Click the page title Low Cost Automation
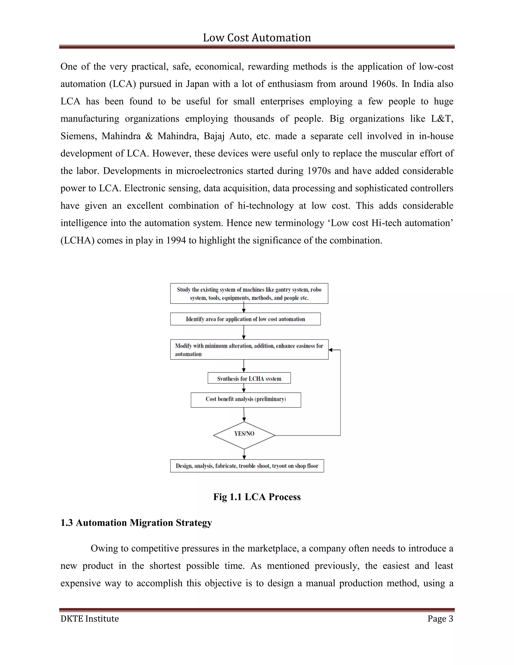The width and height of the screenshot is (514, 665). click(257, 38)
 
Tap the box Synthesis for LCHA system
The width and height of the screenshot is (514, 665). click(249, 378)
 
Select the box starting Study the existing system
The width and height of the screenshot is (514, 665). click(249, 294)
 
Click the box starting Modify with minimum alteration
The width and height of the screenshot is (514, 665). click(249, 350)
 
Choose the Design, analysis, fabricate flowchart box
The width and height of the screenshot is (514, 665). click(247, 466)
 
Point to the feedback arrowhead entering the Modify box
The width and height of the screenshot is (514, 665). click(331, 350)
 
